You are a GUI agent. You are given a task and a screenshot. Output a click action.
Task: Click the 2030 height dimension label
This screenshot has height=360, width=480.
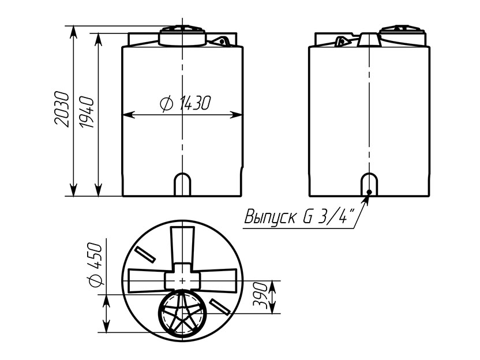(62, 108)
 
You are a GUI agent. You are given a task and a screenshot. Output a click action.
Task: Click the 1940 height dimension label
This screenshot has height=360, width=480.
(86, 112)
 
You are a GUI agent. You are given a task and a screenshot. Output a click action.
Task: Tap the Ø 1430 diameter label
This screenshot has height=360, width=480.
(186, 103)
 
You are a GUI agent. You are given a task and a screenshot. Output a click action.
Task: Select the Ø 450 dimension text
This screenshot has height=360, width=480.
(95, 264)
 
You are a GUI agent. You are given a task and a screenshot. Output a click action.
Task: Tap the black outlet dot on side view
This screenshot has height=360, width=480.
(369, 192)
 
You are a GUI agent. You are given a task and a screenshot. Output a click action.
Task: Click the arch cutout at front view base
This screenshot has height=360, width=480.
(182, 185)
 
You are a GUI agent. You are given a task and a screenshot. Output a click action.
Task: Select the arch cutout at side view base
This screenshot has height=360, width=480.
(369, 184)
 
